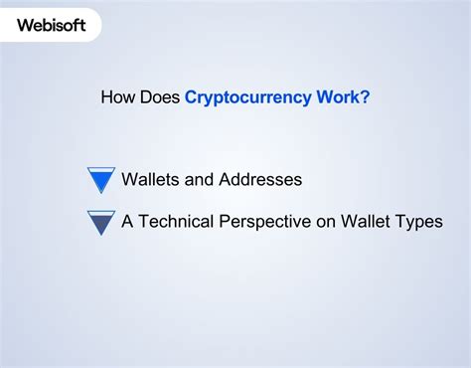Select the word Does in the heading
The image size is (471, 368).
pyautogui.click(x=159, y=97)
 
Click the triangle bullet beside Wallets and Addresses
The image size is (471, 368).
pyautogui.click(x=101, y=180)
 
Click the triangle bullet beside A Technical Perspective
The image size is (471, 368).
pyautogui.click(x=101, y=222)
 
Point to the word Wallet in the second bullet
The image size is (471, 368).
pyautogui.click(x=368, y=222)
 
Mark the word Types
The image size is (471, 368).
pyautogui.click(x=419, y=222)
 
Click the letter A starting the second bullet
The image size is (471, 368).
pyautogui.click(x=127, y=222)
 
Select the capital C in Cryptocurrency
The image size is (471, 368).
pyautogui.click(x=192, y=97)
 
